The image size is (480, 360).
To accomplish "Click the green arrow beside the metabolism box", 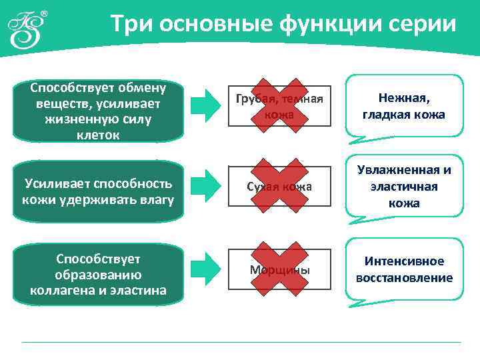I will pyautogui.click(x=206, y=104).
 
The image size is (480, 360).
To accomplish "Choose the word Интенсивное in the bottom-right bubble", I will pyautogui.click(x=404, y=261).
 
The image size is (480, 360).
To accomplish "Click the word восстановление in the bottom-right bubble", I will pyautogui.click(x=404, y=278).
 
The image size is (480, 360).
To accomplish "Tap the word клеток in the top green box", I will pyautogui.click(x=98, y=135).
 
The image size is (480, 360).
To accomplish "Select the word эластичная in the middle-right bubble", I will pyautogui.click(x=404, y=187).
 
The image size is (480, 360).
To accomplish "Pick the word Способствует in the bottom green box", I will pyautogui.click(x=98, y=258).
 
